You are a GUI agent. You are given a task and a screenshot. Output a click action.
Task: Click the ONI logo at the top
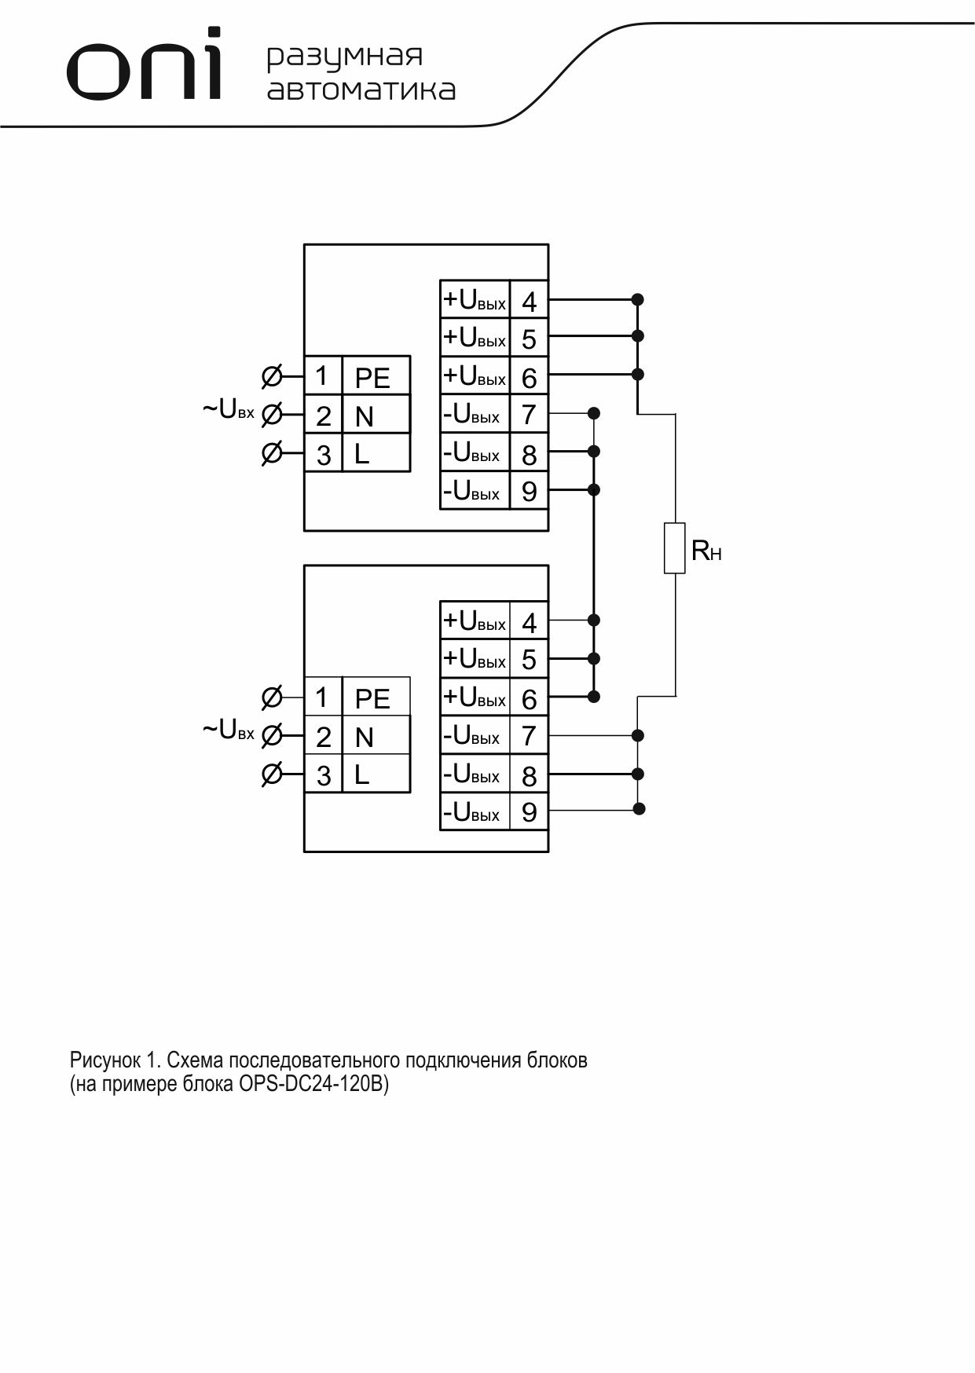tap(145, 64)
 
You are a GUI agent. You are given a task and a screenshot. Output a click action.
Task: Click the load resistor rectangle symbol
tap(675, 547)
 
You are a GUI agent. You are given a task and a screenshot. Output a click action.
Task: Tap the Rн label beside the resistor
tap(706, 551)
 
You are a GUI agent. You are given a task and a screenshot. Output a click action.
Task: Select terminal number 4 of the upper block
tap(530, 300)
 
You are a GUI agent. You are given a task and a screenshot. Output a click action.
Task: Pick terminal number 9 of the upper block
tap(530, 491)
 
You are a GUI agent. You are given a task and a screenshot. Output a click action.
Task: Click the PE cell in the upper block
tap(376, 376)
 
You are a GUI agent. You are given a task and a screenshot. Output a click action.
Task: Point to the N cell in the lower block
tap(376, 736)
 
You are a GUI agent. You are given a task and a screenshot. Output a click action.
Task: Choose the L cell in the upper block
tap(376, 453)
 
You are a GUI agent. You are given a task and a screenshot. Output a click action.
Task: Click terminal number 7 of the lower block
tap(530, 736)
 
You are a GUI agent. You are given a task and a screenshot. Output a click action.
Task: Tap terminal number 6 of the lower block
tap(530, 698)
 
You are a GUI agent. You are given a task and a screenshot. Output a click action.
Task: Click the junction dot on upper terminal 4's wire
tap(638, 299)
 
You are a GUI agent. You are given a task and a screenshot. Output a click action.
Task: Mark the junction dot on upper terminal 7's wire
tap(594, 413)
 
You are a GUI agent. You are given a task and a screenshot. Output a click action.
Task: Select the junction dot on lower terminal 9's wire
tap(639, 808)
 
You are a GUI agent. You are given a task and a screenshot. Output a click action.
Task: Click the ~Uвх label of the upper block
tap(229, 409)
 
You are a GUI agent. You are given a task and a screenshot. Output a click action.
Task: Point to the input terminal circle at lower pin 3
tap(271, 774)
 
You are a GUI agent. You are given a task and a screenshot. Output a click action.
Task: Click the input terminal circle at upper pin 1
tap(271, 376)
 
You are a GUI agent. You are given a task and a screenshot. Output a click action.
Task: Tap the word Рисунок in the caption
tap(105, 1060)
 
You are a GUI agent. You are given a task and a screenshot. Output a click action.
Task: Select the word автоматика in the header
tap(361, 90)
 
